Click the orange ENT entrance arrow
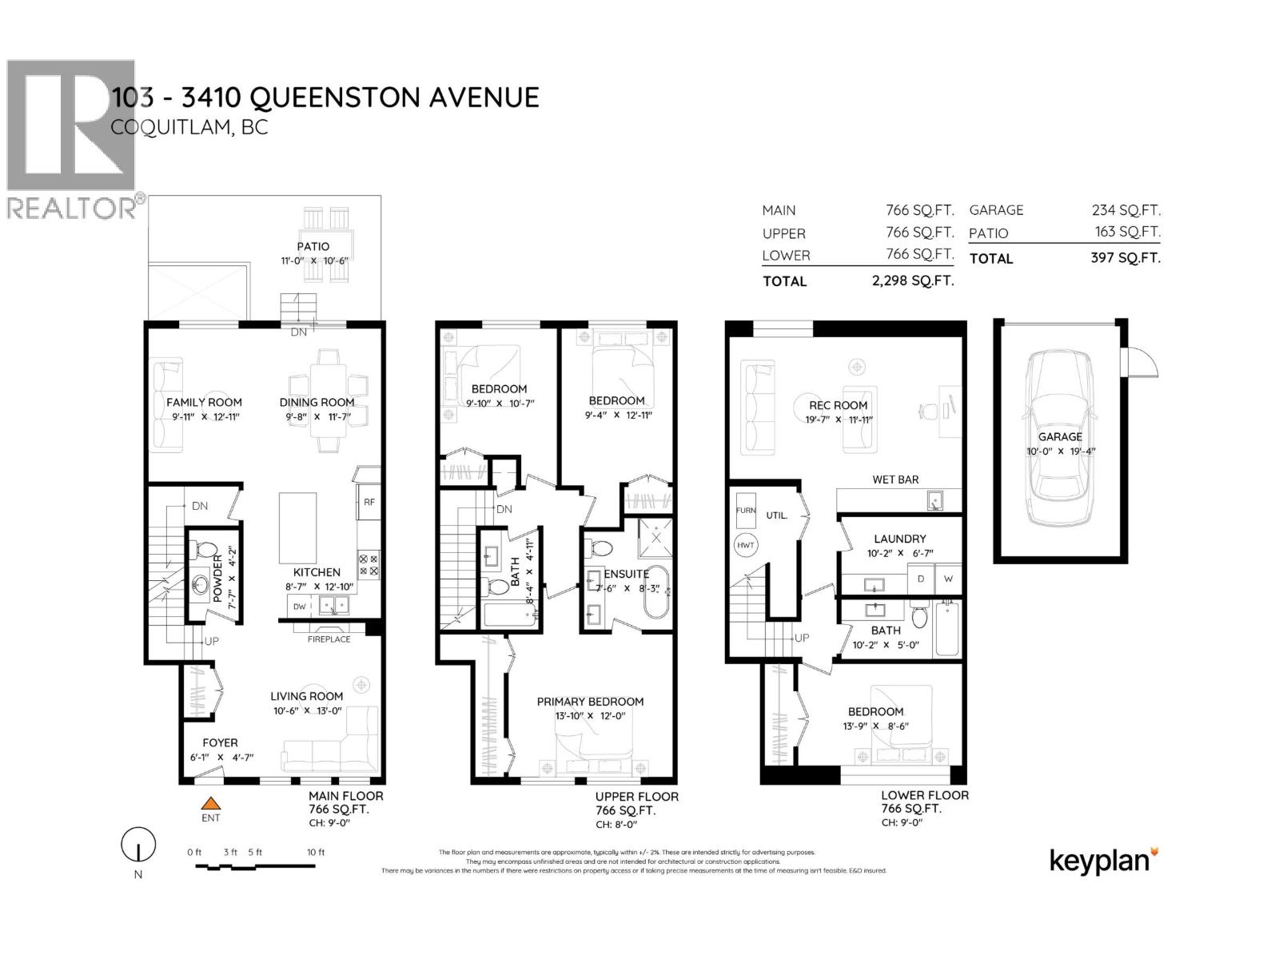point(210,804)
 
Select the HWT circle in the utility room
point(745,545)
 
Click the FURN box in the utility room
point(745,510)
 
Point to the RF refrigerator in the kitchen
point(369,502)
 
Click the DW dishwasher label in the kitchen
point(299,607)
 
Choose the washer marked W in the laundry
point(948,578)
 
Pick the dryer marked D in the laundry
point(921,578)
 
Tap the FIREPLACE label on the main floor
point(329,639)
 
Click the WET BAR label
point(895,479)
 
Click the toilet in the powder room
point(206,550)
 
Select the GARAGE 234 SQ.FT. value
point(1126,210)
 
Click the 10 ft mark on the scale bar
point(316,852)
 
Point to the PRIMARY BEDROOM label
point(590,702)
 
